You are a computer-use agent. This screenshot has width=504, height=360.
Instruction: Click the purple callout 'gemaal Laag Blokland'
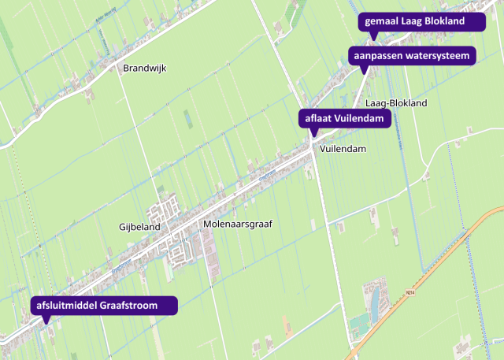421,21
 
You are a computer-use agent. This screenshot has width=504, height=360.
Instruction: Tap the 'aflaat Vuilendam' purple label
344,119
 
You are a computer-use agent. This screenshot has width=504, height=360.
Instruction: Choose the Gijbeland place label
139,227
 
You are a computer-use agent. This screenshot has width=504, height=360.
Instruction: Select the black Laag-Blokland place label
396,103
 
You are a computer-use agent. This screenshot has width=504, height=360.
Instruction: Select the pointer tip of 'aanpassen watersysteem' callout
363,73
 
